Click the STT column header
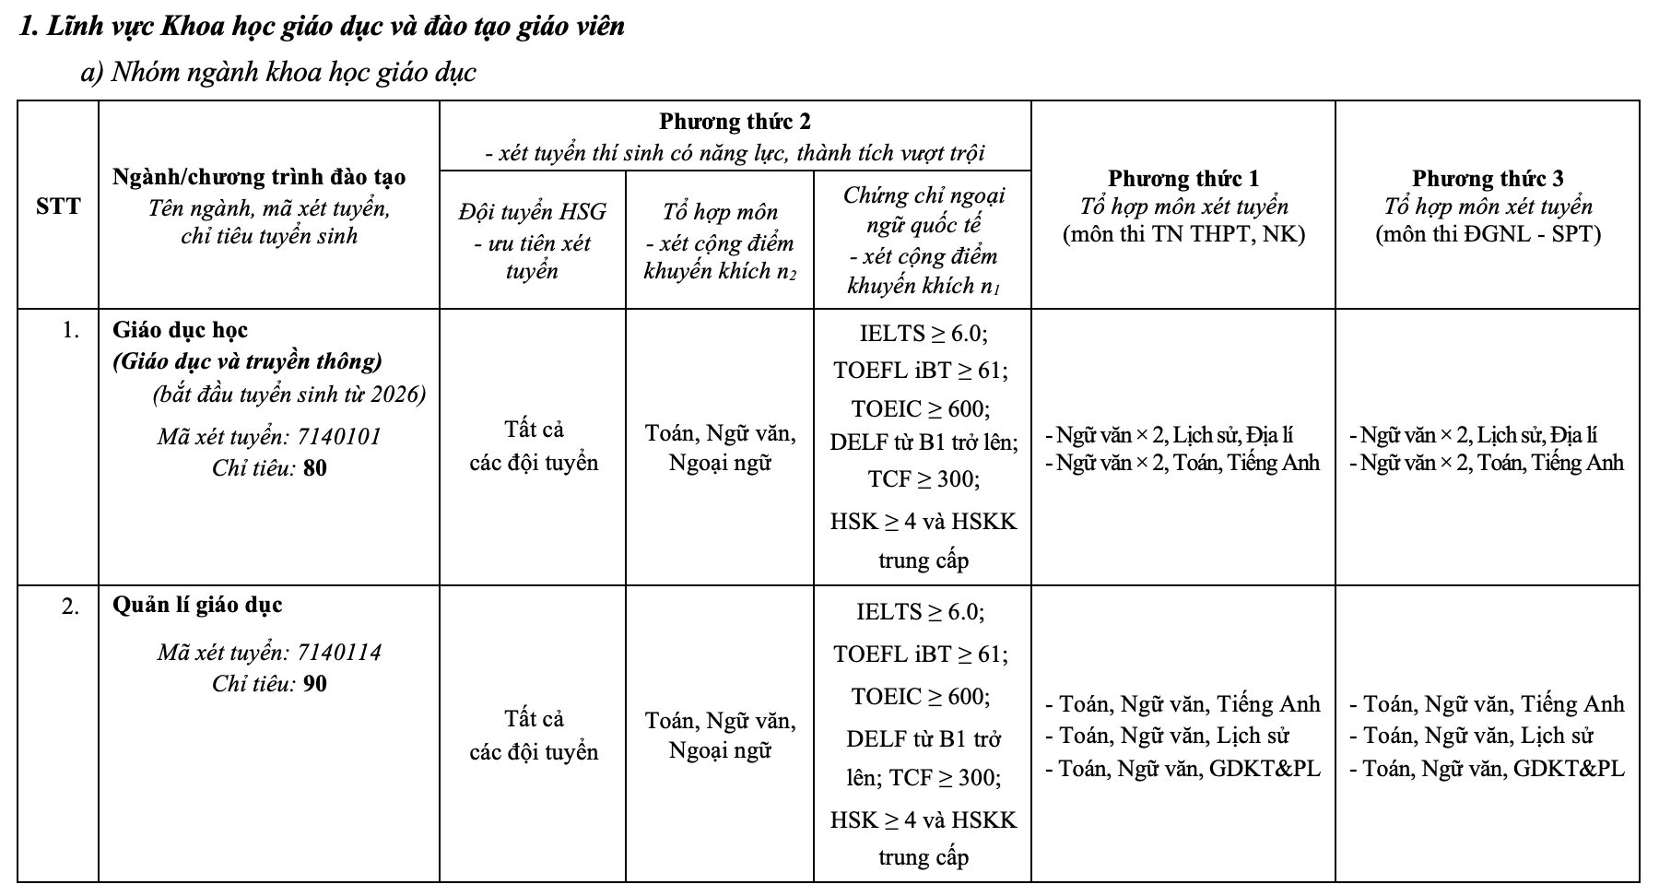(x=58, y=206)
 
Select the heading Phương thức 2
(x=735, y=122)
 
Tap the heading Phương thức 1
(x=1182, y=178)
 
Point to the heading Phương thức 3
(x=1487, y=178)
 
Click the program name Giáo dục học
(x=180, y=330)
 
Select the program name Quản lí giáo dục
(x=197, y=606)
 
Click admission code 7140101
(x=338, y=436)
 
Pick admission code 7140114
(x=338, y=653)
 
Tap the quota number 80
(x=314, y=468)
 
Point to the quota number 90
(x=314, y=684)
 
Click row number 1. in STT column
(x=71, y=330)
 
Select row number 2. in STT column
(x=71, y=607)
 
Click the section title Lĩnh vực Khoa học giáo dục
(x=322, y=27)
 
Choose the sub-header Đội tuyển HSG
(x=532, y=212)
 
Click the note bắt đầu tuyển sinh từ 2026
(x=289, y=395)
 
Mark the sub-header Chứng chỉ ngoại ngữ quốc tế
(x=923, y=209)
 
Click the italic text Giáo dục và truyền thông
(x=247, y=361)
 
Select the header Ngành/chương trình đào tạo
(x=259, y=177)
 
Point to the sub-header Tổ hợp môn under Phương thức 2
(x=719, y=213)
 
